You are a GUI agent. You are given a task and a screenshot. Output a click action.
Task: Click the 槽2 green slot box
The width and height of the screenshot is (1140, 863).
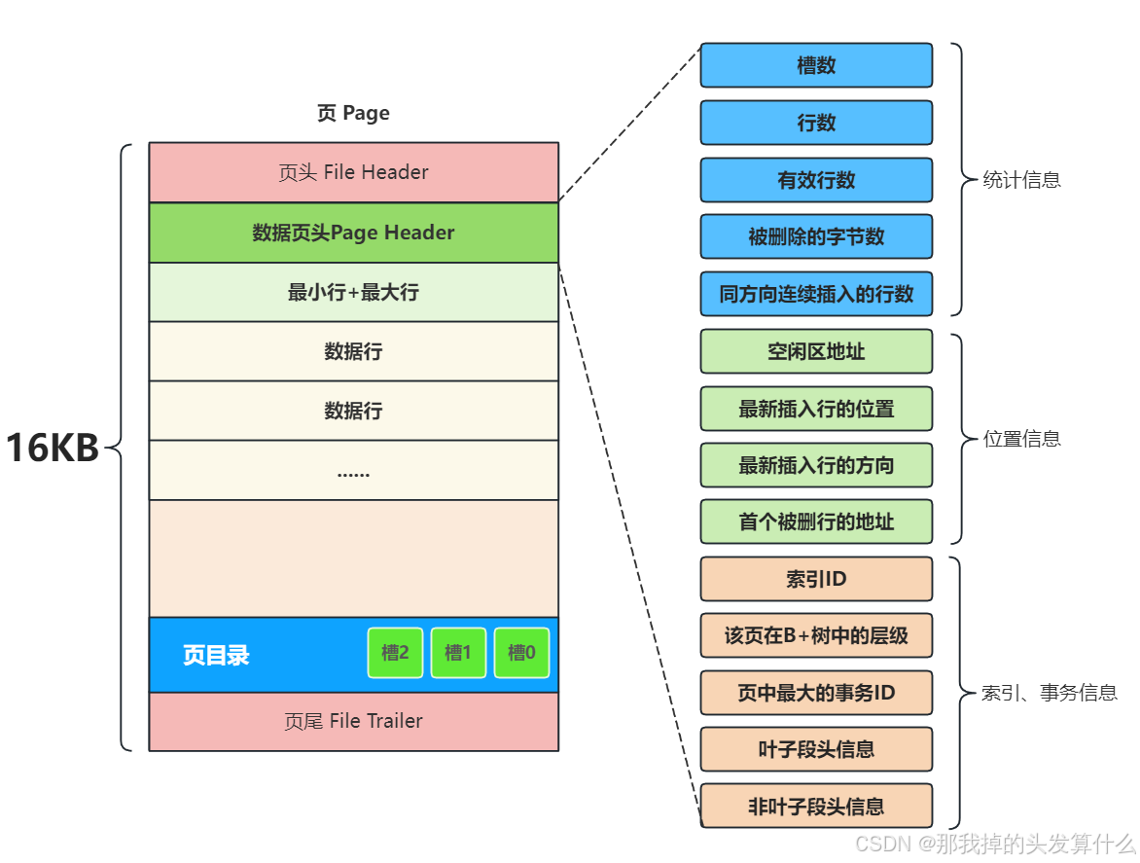395,653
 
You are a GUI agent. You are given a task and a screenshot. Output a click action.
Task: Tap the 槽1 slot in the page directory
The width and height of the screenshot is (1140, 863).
458,653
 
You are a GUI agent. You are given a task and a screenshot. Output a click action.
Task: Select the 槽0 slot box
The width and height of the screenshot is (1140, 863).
521,653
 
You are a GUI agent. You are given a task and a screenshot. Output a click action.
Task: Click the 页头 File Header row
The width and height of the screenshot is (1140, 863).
353,172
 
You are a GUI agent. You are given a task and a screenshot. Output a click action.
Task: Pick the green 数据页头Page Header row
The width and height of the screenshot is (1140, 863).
353,233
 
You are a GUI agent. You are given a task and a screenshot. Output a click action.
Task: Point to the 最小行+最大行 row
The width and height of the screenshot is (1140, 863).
353,292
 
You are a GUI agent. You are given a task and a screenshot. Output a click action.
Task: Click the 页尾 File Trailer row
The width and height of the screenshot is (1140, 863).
353,721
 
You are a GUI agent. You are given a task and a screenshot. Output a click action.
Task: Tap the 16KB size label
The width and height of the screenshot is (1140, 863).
53,449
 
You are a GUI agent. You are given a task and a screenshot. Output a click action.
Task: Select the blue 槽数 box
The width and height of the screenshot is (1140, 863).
816,65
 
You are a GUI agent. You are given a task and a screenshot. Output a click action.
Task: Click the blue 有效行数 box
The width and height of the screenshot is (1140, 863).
816,180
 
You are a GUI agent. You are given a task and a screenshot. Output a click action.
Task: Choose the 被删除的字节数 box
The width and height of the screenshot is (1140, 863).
816,236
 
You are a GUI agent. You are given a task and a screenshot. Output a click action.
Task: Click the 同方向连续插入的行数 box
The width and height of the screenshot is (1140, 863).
816,294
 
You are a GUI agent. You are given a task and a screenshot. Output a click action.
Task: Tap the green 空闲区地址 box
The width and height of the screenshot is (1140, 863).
816,351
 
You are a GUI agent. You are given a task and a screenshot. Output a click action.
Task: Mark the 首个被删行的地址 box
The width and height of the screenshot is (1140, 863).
816,521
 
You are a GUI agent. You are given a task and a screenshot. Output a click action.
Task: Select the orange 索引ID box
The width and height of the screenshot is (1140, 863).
816,579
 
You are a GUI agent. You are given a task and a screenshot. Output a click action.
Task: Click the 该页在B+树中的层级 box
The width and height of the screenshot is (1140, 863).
816,635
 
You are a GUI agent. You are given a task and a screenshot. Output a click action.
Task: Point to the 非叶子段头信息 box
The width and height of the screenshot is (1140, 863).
816,806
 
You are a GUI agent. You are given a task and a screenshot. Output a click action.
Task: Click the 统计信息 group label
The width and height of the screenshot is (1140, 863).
1021,180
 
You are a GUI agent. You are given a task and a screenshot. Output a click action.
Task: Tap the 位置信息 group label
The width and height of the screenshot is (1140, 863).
1021,439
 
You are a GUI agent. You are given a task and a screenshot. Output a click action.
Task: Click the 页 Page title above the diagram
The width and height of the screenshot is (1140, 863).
353,113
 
